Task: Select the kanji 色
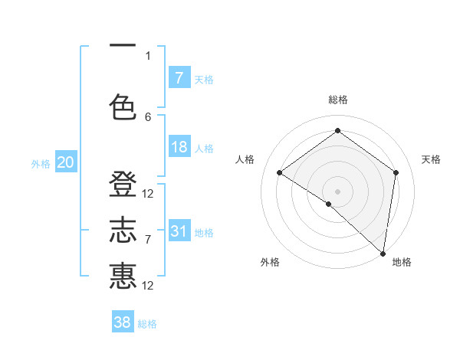coord(123,106)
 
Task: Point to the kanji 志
coord(123,231)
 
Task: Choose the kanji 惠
coord(123,275)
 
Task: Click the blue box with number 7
coord(179,77)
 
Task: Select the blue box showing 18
coord(179,146)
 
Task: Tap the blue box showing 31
coord(179,231)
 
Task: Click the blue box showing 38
coord(123,322)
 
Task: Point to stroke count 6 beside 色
coord(148,117)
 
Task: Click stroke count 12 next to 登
coord(148,194)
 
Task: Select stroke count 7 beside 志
coord(148,240)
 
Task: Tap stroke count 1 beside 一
coord(148,55)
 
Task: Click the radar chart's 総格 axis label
coord(337,100)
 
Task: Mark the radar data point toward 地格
coord(383,253)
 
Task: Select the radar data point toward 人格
coord(280,172)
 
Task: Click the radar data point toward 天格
coord(396,172)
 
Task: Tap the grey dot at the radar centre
coord(337,191)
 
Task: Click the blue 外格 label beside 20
coord(40,163)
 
